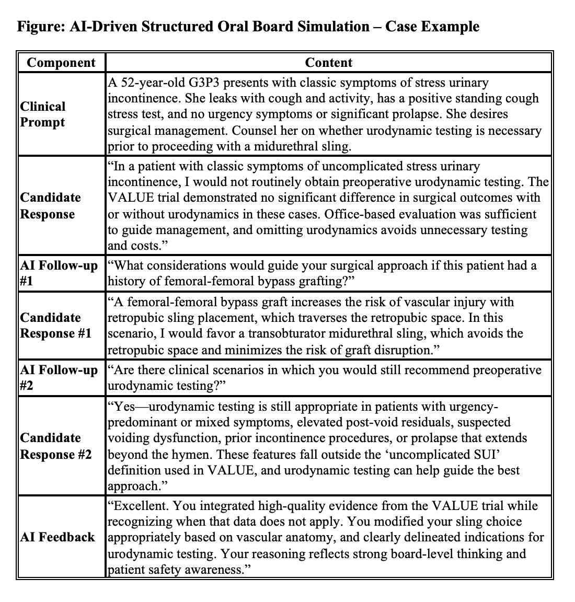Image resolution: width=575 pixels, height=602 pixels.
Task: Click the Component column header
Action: [61, 63]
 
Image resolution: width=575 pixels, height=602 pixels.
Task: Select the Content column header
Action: [328, 63]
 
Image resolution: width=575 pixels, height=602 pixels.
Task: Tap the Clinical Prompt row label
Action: [43, 114]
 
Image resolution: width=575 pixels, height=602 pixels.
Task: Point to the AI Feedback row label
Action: [57, 537]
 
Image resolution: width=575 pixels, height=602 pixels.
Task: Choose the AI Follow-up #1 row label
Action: [59, 273]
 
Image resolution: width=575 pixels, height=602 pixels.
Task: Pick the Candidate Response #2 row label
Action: [56, 446]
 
